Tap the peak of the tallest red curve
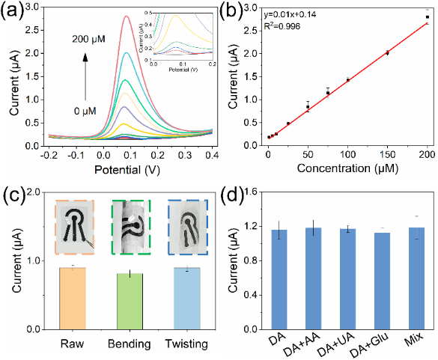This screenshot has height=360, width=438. (126, 16)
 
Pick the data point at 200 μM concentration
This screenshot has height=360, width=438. (427, 17)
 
